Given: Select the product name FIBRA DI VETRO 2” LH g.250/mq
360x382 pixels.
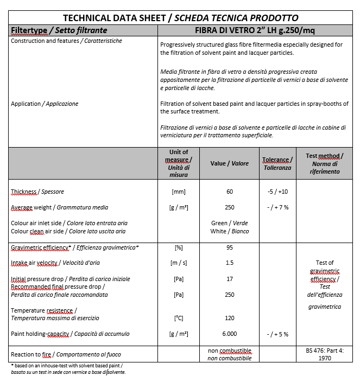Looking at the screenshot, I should tap(254, 30).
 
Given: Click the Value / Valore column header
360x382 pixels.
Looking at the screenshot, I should tap(229, 163).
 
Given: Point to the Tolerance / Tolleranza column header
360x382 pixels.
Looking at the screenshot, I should tap(277, 163).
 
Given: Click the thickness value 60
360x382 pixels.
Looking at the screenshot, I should tap(229, 192).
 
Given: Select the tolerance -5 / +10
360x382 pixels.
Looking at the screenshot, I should tap(277, 192).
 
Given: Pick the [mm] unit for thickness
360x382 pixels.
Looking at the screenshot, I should tap(178, 192).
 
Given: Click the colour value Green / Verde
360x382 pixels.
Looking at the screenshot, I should tap(229, 223).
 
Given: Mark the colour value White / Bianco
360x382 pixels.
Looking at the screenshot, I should tap(229, 231).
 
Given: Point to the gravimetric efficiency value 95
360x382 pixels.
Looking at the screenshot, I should tap(229, 247).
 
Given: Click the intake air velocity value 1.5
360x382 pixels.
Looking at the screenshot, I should tap(229, 263).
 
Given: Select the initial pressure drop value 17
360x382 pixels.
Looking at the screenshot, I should tap(229, 279).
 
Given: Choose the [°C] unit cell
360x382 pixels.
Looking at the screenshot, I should tap(178, 318).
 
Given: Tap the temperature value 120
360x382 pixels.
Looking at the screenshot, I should tap(229, 318).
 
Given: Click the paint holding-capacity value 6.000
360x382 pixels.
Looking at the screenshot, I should tap(229, 334).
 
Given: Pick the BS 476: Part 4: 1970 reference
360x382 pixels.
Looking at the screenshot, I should tap(325, 354).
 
